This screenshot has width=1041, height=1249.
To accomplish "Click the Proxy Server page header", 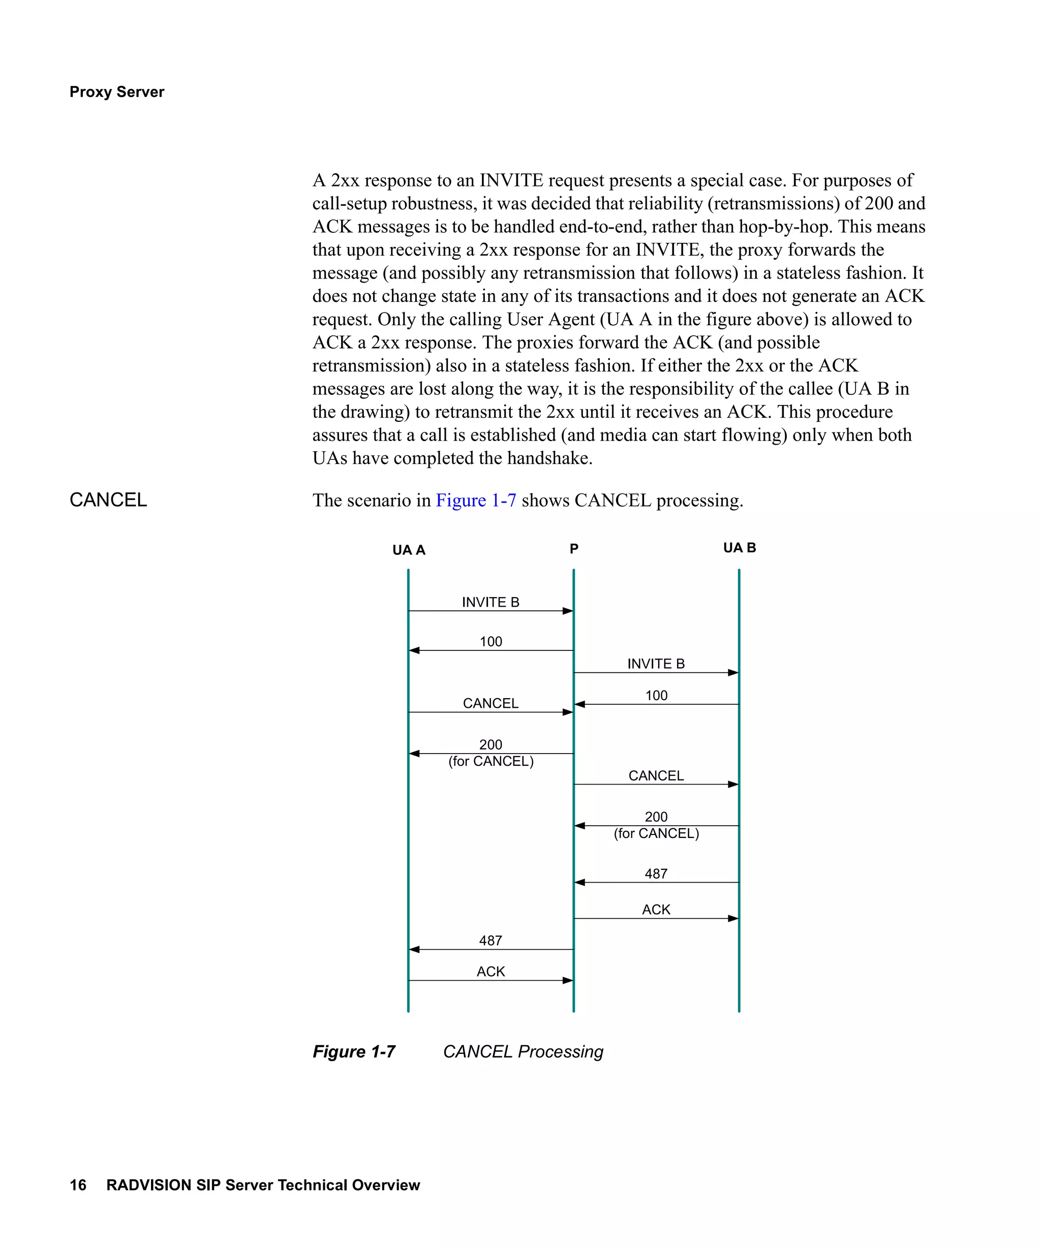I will (116, 91).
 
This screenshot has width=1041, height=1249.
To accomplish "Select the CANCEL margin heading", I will (108, 499).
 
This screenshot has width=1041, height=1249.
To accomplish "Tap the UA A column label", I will (409, 550).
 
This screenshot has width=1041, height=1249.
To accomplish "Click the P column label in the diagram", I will (573, 548).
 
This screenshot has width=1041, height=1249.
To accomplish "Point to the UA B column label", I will (739, 548).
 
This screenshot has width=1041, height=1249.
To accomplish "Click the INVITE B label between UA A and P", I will (490, 602).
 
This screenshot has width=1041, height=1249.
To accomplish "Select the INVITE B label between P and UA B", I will (656, 664).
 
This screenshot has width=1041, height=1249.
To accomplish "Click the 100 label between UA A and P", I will (491, 642).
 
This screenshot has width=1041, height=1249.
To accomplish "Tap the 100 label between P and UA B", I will (656, 695).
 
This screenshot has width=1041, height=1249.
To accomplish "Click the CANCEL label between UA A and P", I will (490, 703).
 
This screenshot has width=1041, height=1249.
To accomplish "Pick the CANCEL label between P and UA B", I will (656, 775).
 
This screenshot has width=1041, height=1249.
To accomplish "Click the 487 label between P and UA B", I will (656, 873).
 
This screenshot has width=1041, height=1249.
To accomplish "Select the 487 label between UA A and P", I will (490, 941).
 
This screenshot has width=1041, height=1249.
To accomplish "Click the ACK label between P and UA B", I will (656, 910).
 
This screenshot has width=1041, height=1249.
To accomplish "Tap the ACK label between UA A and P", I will (490, 971).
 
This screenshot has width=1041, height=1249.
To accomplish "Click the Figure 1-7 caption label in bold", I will (353, 1051).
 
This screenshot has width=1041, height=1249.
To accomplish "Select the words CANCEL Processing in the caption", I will (523, 1051).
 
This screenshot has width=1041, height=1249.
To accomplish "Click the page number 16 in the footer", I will (78, 1185).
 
